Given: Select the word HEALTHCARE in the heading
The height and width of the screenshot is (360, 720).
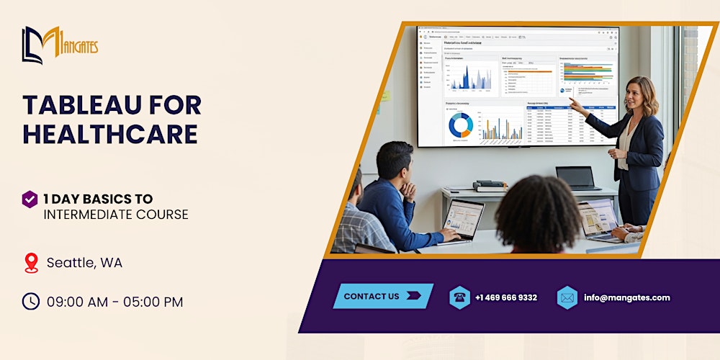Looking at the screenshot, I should (x=110, y=135).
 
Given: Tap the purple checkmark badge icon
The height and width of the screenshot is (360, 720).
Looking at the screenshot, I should (x=30, y=199).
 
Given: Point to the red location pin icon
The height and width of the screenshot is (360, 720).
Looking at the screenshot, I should (x=31, y=263).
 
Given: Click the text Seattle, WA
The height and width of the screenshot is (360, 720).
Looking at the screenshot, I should (x=84, y=263).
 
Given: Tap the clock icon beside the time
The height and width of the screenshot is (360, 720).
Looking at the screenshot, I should (x=30, y=302).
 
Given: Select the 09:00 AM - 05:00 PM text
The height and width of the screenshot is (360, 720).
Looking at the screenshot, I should (x=114, y=302).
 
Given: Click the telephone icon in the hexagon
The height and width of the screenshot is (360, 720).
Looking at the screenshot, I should (x=459, y=297).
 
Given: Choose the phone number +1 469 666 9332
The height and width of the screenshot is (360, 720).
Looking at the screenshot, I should (x=506, y=297).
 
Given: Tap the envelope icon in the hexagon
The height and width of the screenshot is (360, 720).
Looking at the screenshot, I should (x=567, y=297).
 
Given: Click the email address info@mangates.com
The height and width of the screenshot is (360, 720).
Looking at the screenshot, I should (x=626, y=297).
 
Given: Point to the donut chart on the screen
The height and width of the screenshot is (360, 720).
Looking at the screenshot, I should (x=461, y=126).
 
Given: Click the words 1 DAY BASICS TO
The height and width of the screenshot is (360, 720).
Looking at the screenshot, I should (x=98, y=199).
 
